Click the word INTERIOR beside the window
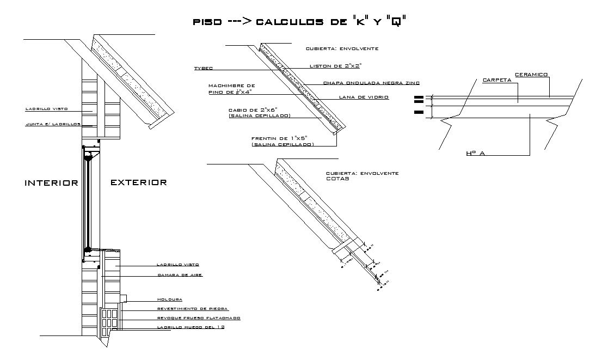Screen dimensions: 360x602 52,183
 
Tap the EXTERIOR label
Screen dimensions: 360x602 139,183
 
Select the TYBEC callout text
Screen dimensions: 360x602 203,69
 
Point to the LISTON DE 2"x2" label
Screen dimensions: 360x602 335,65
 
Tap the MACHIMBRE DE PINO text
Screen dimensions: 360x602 231,89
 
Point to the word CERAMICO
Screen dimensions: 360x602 531,74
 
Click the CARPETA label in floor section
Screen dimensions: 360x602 496,81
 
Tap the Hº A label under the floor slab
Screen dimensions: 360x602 475,154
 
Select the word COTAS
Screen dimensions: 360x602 337,178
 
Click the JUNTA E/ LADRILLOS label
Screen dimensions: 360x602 53,124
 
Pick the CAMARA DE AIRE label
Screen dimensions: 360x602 180,275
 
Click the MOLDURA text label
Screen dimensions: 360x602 169,299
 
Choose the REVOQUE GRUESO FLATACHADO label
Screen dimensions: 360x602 198,318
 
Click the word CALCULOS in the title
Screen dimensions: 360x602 289,22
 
